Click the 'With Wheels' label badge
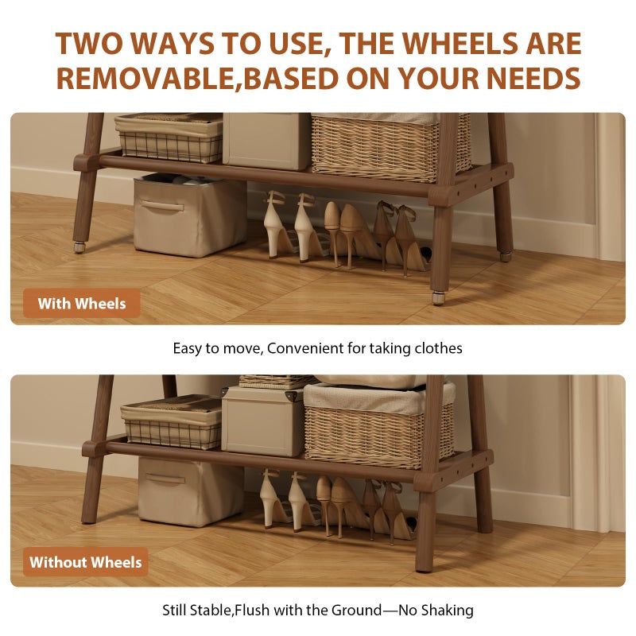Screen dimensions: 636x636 click(x=82, y=304)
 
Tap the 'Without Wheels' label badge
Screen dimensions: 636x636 click(x=86, y=562)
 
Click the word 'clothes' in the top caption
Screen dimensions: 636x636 click(x=439, y=348)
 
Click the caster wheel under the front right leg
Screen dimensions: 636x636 click(x=438, y=298)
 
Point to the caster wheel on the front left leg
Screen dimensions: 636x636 click(x=79, y=247)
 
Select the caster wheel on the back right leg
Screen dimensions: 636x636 click(x=506, y=256)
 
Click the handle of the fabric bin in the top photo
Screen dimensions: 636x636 click(x=162, y=206)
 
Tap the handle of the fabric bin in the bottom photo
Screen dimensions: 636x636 click(x=165, y=479)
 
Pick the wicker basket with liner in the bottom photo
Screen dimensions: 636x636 click(x=378, y=425)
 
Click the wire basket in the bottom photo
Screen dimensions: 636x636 click(x=172, y=423)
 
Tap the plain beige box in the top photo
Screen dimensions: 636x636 click(x=267, y=141)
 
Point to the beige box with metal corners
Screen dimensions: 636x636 click(x=263, y=421)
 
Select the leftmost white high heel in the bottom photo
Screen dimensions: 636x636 click(x=273, y=499)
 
